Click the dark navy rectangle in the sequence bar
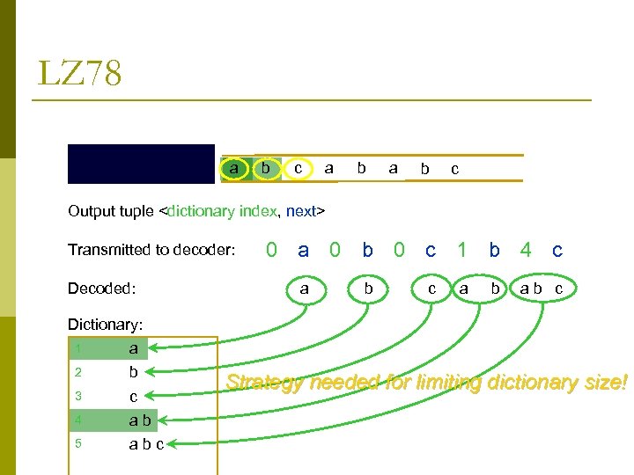pos(141,164)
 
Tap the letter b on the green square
pos(266,167)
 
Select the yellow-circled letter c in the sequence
pos(299,167)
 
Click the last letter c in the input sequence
pos(454,169)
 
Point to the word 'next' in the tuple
pos(303,211)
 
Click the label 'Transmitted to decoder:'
pos(151,250)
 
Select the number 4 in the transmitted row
pos(526,250)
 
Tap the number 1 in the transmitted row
pos(461,250)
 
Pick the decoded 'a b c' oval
pos(542,289)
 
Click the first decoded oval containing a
pos(304,289)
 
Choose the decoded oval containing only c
pos(431,289)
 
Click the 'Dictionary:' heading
pos(105,325)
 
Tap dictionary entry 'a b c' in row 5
pos(146,443)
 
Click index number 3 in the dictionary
pos(77,396)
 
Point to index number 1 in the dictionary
pos(77,349)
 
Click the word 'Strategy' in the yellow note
pos(263,383)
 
